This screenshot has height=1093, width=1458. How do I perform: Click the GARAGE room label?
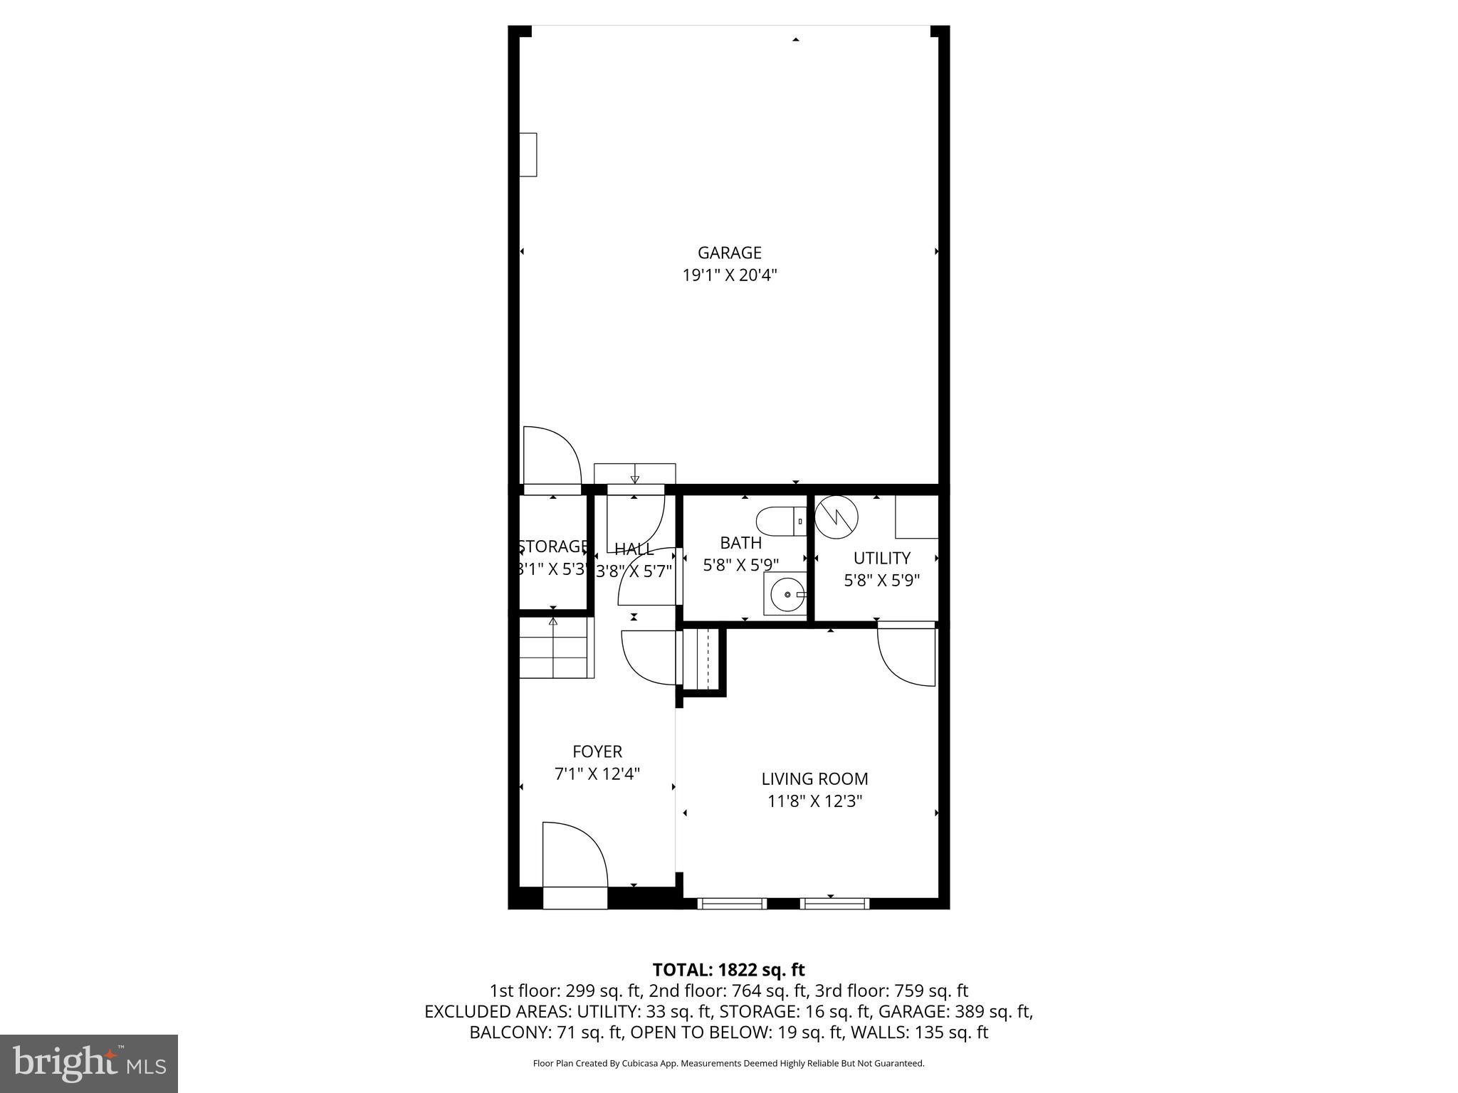click(729, 253)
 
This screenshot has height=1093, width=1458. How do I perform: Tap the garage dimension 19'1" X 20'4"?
click(729, 275)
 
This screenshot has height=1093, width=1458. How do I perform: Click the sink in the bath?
click(786, 593)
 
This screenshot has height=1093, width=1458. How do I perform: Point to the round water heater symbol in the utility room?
click(836, 516)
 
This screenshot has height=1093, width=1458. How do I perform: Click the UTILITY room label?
click(881, 558)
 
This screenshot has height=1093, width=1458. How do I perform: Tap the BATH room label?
click(740, 543)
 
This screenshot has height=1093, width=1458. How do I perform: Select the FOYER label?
click(597, 751)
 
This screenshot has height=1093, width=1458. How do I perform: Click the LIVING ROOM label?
click(814, 779)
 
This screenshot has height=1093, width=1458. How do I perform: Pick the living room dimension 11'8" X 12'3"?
click(814, 801)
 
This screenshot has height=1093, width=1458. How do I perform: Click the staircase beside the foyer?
click(555, 648)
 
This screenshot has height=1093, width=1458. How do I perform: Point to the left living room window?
click(732, 904)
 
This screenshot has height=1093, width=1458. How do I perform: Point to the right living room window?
click(834, 904)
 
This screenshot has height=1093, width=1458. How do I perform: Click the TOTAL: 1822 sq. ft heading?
click(728, 969)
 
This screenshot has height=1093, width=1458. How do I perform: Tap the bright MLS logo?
click(89, 1063)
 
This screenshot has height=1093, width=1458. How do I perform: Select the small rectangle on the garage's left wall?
click(528, 154)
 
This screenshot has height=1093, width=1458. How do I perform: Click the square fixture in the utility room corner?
click(916, 517)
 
